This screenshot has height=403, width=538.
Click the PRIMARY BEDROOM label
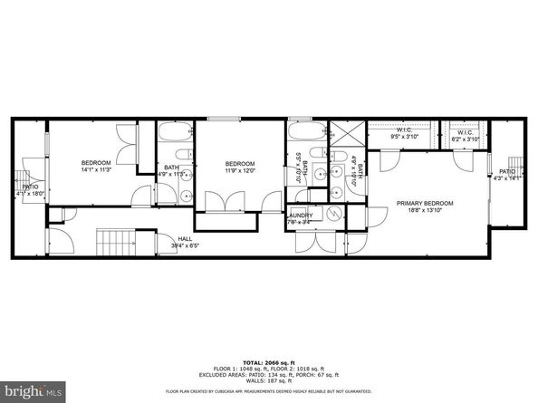click(x=425, y=203)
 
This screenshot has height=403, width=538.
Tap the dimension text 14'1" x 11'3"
click(x=95, y=169)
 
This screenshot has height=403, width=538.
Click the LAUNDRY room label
click(x=300, y=215)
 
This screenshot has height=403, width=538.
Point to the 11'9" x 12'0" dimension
click(x=240, y=170)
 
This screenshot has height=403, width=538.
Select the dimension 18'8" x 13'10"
click(x=425, y=210)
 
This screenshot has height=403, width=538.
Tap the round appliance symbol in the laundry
click(x=335, y=215)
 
